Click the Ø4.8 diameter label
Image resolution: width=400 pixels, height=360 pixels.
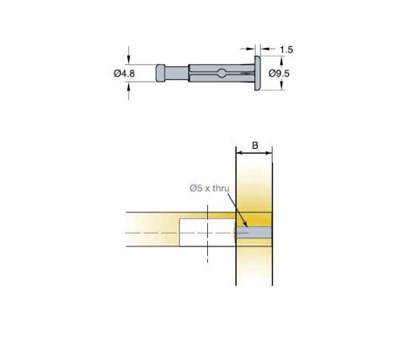pyautogui.click(x=124, y=73)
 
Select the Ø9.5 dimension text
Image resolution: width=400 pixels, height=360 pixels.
pyautogui.click(x=279, y=73)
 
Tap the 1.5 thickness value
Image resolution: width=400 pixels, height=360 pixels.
pyautogui.click(x=286, y=50)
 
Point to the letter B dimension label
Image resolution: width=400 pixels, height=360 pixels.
pyautogui.click(x=255, y=146)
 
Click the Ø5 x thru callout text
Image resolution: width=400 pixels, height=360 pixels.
pyautogui.click(x=210, y=188)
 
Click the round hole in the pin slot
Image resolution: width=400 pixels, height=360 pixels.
pyautogui.click(x=222, y=73)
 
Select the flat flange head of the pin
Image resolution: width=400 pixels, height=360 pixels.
pyautogui.click(x=258, y=73)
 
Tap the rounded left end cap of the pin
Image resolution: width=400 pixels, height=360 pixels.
pyautogui.click(x=161, y=73)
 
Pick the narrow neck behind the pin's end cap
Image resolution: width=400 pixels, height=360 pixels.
pyautogui.click(x=177, y=73)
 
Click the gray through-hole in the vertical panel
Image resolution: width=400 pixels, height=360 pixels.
pyautogui.click(x=254, y=233)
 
